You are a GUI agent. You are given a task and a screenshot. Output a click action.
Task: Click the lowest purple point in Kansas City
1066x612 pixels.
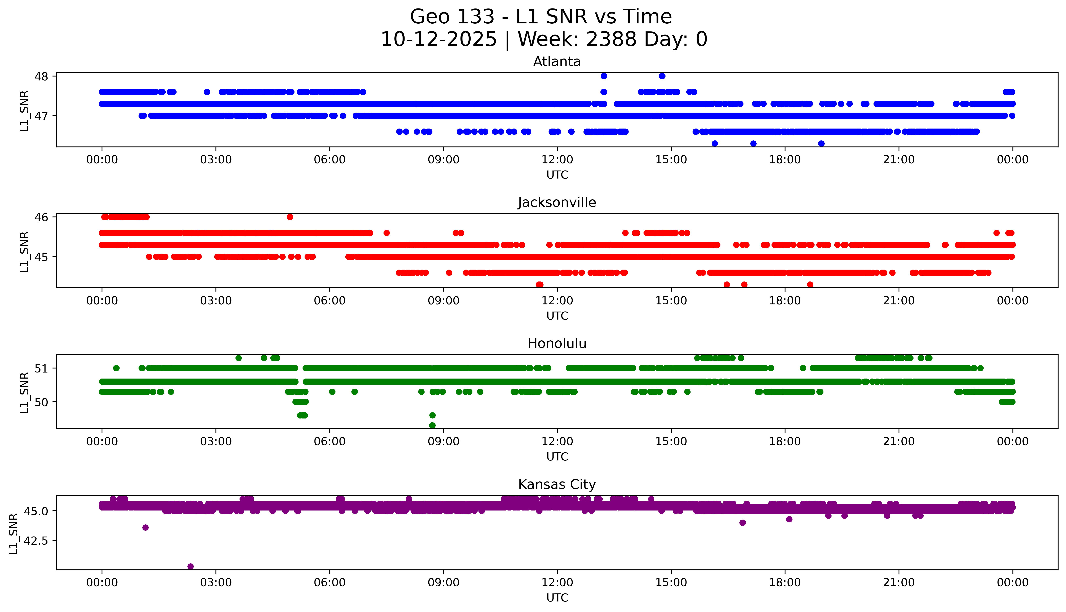(x=191, y=566)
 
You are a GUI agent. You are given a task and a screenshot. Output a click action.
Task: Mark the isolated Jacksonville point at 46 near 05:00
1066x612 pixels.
(x=290, y=217)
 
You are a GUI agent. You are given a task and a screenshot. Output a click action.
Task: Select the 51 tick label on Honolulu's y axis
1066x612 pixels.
(x=42, y=368)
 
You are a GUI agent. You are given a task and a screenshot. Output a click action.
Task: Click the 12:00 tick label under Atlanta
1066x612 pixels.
(x=557, y=160)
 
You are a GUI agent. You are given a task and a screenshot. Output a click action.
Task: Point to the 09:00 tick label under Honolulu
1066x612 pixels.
(x=443, y=442)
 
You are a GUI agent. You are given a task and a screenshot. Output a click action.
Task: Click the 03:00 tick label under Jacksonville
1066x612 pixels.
(x=216, y=300)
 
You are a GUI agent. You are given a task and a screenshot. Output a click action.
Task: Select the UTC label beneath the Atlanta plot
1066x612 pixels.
(x=557, y=175)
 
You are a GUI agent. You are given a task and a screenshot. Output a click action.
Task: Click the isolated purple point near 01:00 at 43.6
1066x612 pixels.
(x=146, y=527)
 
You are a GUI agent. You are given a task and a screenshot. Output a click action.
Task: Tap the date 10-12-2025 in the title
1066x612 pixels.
(x=439, y=40)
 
